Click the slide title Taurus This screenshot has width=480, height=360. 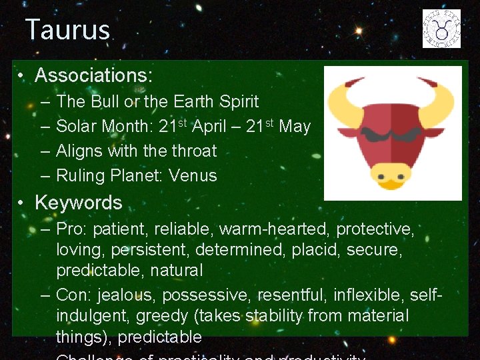(x=67, y=30)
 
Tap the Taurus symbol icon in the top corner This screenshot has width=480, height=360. (x=441, y=29)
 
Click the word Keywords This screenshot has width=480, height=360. (x=79, y=203)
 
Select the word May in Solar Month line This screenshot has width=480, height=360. (x=295, y=127)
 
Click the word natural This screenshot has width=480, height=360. (x=177, y=271)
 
